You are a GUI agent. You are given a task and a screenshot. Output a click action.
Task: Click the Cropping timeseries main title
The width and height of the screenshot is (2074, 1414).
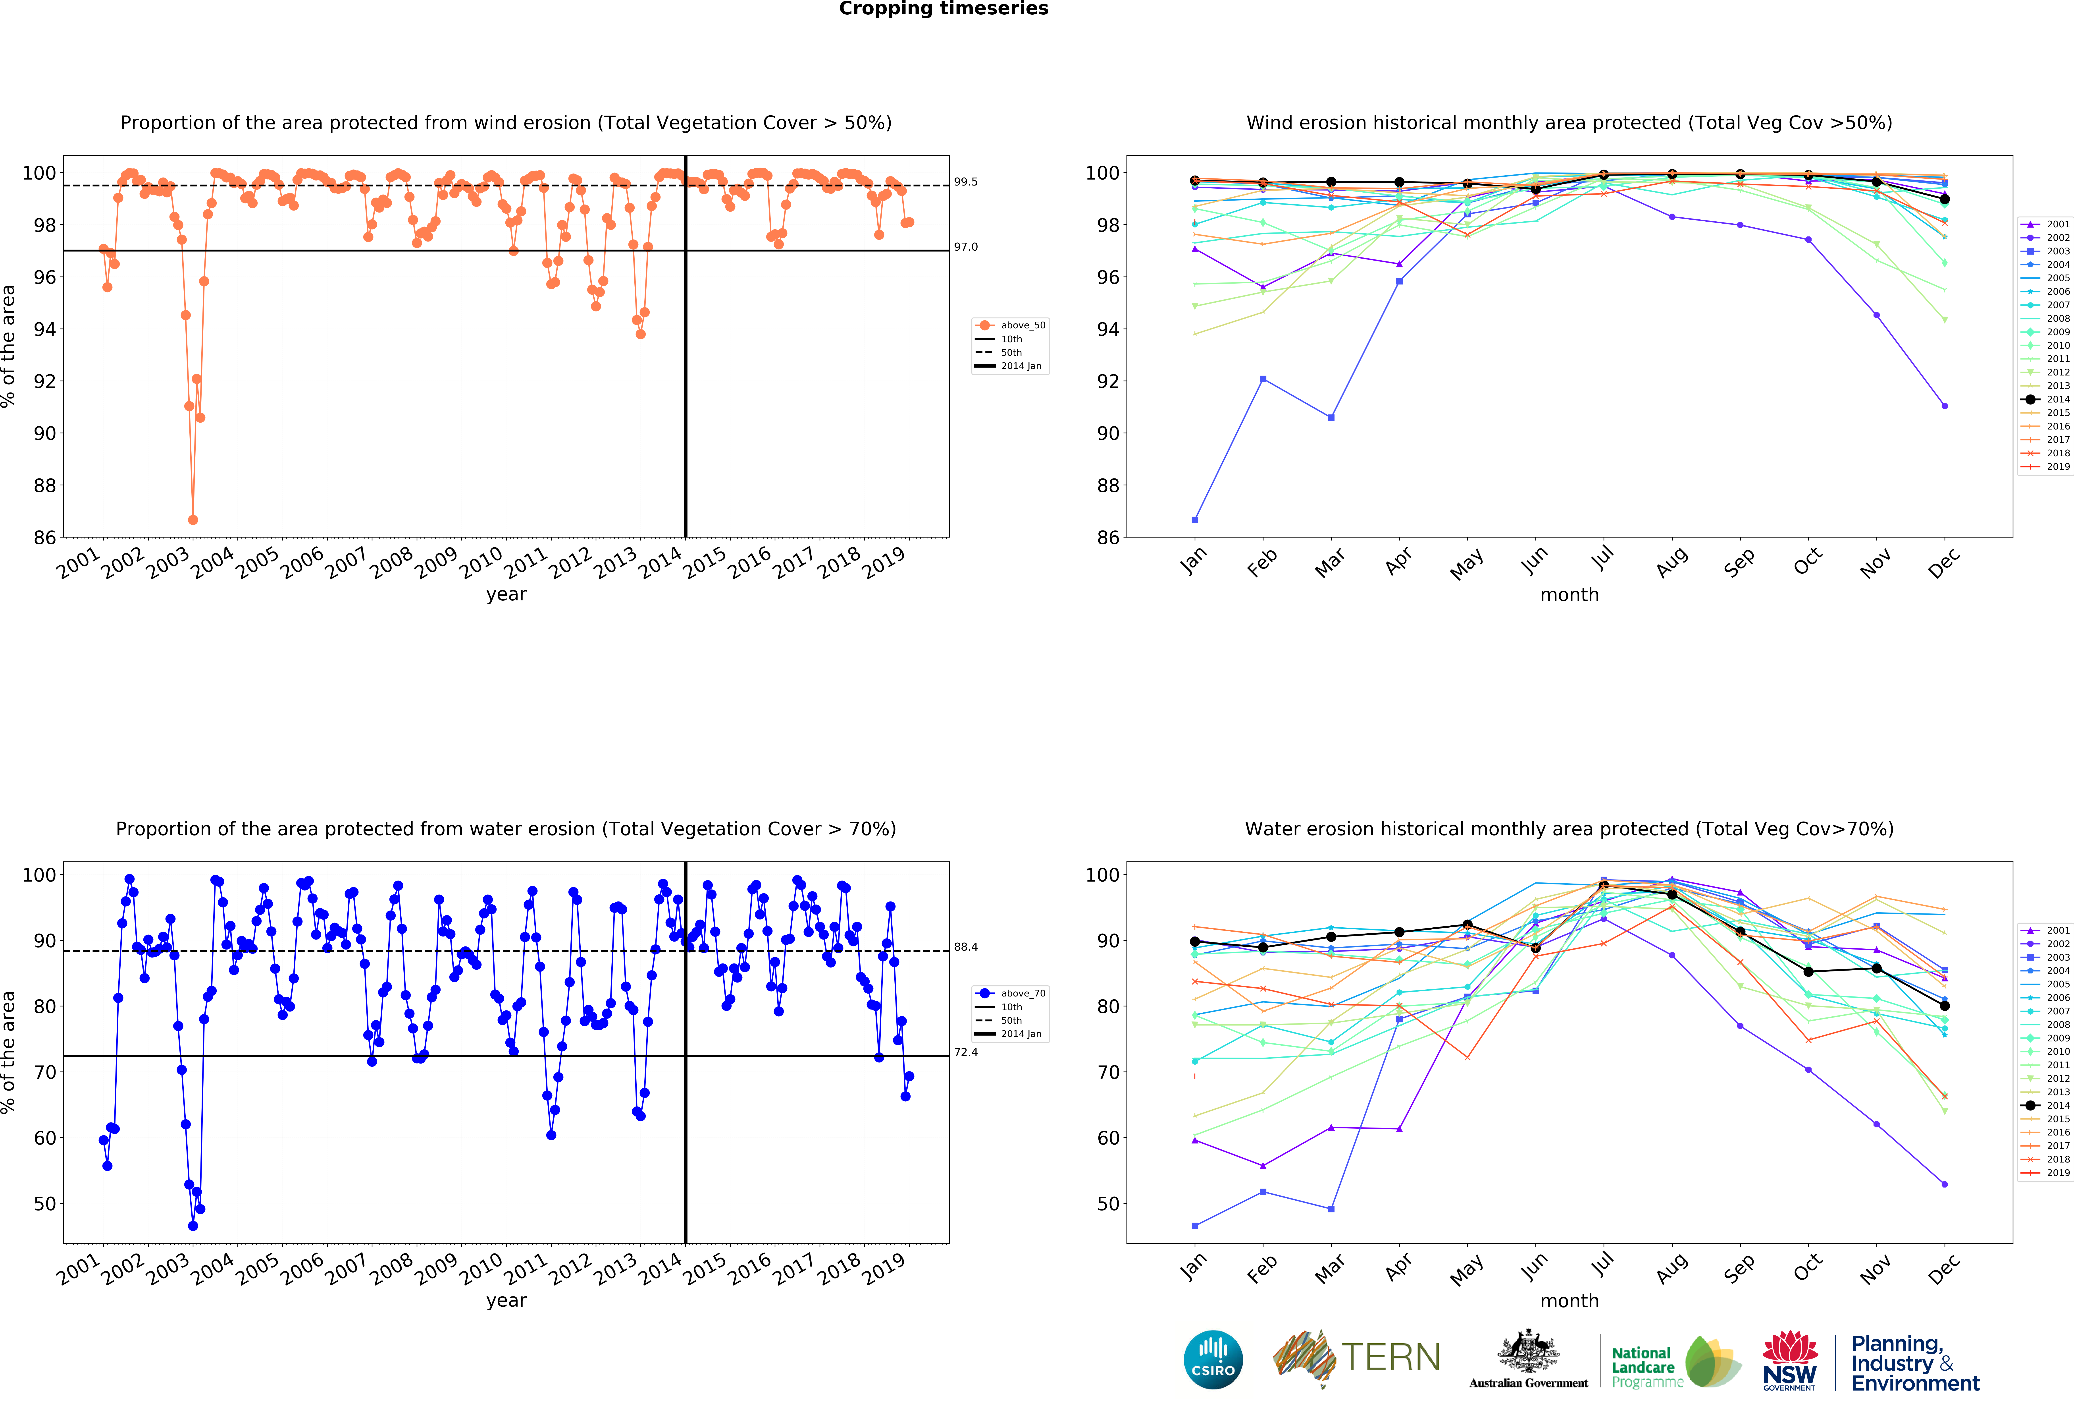(x=943, y=9)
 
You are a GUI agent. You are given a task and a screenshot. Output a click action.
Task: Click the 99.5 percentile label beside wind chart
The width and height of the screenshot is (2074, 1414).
(x=966, y=182)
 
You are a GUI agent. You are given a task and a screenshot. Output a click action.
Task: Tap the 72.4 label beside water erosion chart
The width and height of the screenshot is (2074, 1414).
(x=966, y=1052)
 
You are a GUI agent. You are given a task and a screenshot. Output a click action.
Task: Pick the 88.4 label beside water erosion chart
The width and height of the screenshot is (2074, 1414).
(x=966, y=947)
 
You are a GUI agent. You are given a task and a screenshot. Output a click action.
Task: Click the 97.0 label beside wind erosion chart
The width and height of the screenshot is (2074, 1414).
(x=966, y=247)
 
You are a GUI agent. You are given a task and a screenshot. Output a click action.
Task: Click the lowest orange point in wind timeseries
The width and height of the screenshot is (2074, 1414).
(x=193, y=520)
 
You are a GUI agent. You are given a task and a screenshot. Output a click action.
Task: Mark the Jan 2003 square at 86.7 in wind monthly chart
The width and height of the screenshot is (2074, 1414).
(x=1195, y=520)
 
